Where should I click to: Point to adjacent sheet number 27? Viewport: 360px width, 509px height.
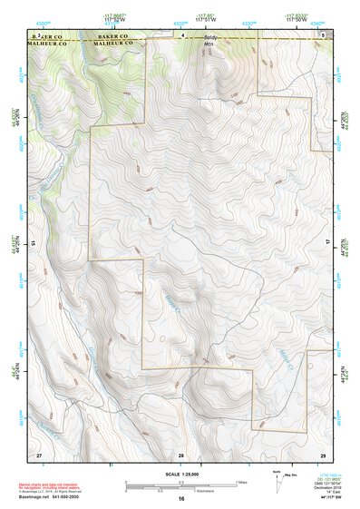(39, 454)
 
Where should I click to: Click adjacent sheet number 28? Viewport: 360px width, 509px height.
(181, 454)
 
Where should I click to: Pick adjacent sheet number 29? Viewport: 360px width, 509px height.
(322, 454)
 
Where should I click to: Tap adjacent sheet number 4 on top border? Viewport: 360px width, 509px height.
(181, 34)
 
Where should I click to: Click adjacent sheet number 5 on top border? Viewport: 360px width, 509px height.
(322, 34)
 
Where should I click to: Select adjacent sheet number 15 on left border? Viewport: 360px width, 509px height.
(33, 243)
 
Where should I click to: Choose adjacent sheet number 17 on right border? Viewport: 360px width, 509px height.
(329, 243)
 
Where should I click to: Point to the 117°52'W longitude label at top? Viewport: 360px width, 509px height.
(114, 21)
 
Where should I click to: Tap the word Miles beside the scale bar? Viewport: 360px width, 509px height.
(241, 482)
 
